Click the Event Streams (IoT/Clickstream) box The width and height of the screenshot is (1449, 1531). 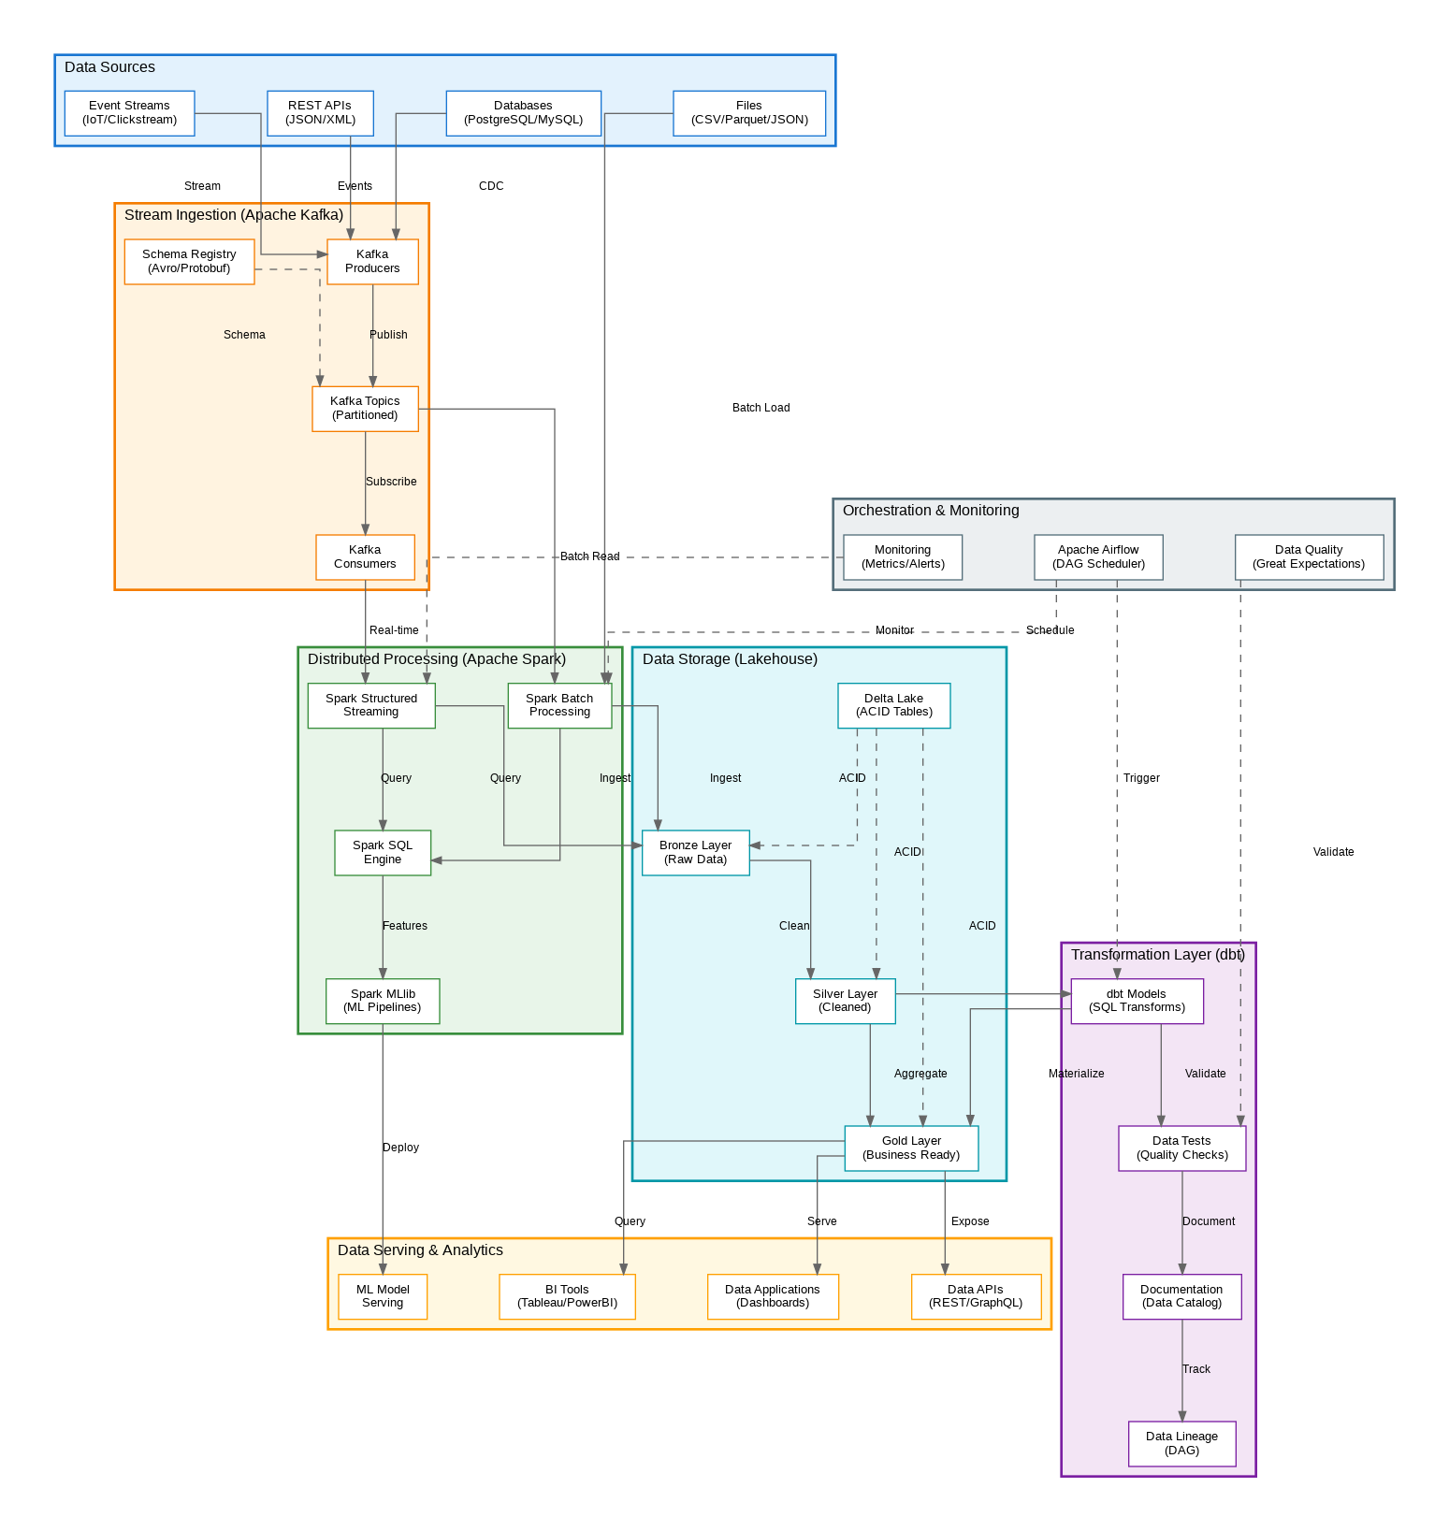pos(129,113)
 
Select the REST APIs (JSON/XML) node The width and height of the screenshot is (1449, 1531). pos(320,113)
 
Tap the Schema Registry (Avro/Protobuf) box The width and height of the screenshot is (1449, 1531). pos(189,262)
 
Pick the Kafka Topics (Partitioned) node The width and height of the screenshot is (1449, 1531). pos(365,409)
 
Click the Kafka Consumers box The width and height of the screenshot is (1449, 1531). pos(365,557)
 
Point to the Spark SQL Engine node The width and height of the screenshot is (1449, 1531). pos(383,853)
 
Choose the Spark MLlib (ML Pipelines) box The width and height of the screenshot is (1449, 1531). pos(383,1002)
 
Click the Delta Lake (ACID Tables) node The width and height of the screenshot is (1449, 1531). pos(893,705)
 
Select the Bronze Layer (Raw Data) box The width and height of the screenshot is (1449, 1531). pos(695,853)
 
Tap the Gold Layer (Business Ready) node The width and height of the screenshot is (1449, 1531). pos(911,1148)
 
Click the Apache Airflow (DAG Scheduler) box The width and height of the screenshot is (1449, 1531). pos(1098,557)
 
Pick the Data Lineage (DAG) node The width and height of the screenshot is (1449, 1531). pos(1181,1444)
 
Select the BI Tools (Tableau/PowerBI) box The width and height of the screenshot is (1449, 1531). pos(567,1297)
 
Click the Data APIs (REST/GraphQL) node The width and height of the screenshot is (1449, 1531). pos(976,1297)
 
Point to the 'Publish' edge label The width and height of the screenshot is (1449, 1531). pos(388,335)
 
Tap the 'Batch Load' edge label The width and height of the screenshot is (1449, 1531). pos(761,408)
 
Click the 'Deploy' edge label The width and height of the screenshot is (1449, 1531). pos(400,1148)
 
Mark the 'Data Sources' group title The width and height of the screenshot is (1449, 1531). pos(109,67)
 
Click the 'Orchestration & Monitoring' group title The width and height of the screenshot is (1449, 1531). pos(931,511)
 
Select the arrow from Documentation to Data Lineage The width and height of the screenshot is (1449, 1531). pos(1182,1370)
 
